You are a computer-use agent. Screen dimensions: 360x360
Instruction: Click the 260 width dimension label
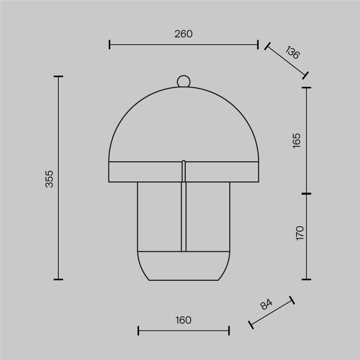[x=184, y=34]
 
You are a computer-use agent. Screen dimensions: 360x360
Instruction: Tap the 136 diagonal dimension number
[x=292, y=53]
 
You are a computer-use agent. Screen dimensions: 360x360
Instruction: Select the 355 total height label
[x=49, y=179]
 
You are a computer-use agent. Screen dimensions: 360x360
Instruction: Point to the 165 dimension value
[x=297, y=141]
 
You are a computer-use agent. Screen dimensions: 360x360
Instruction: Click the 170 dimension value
[x=300, y=233]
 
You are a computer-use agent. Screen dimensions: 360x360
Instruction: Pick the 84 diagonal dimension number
[x=266, y=304]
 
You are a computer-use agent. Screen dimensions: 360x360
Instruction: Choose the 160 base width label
[x=183, y=320]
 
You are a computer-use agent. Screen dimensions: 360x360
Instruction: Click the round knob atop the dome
[x=184, y=81]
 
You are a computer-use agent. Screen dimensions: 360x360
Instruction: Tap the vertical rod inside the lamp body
[x=184, y=206]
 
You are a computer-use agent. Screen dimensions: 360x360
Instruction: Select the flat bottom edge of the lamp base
[x=184, y=280]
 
